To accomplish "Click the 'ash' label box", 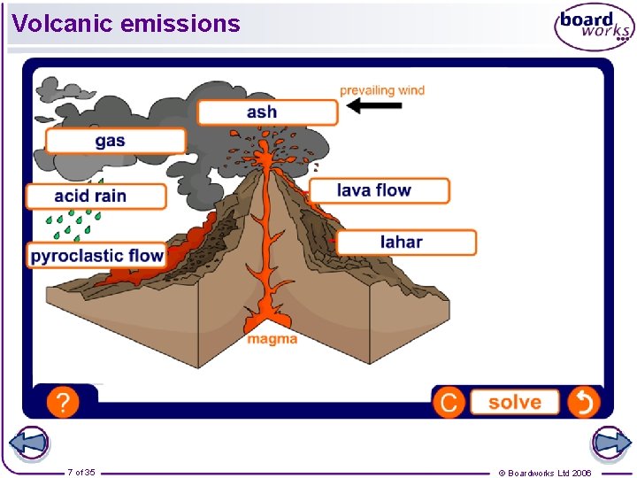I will point(267,112).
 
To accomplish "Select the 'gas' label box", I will point(115,142).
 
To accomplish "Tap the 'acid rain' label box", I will point(96,197).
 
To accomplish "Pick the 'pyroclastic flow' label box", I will point(96,256).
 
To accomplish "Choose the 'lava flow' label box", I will point(379,190).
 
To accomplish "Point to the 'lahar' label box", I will point(405,243).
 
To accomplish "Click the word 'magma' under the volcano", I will point(272,339).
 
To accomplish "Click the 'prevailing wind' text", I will point(382,89).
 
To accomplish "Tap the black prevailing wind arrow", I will point(373,106).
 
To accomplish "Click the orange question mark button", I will point(62,403).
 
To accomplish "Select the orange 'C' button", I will point(449,403).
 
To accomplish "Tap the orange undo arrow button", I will point(583,403).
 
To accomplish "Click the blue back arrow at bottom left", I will point(27,443).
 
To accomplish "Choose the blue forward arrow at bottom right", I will point(610,443).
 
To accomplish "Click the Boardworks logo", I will point(594,28).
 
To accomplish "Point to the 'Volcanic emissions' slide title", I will point(127,24).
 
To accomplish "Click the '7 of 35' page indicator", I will point(81,472).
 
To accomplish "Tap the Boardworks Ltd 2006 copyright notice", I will point(545,473).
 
